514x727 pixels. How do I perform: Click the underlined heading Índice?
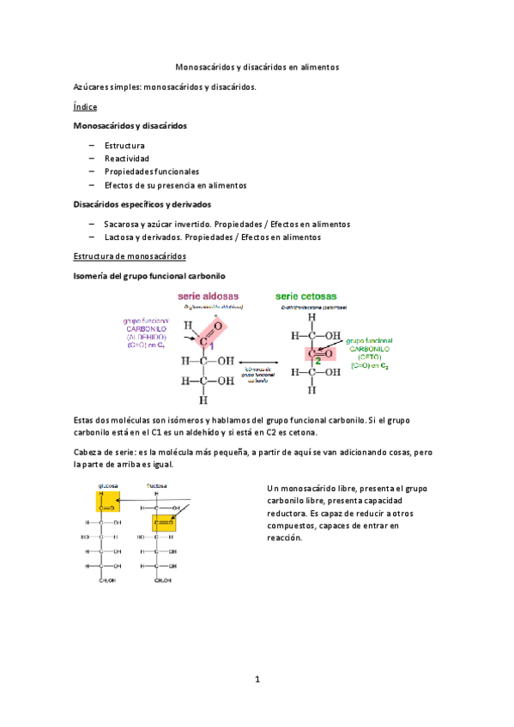pos(85,107)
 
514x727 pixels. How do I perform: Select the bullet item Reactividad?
pos(126,159)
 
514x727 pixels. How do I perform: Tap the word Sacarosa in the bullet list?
pos(123,224)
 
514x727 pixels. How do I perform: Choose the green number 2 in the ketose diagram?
pos(317,361)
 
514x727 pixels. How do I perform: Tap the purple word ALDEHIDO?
pos(150,337)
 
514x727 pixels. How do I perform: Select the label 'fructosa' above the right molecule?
pos(156,484)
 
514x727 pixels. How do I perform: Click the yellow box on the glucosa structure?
pos(108,502)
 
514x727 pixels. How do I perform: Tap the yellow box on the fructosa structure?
pos(164,519)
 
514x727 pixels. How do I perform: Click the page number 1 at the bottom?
pos(257,679)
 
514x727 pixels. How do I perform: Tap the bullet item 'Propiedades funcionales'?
pos(152,171)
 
